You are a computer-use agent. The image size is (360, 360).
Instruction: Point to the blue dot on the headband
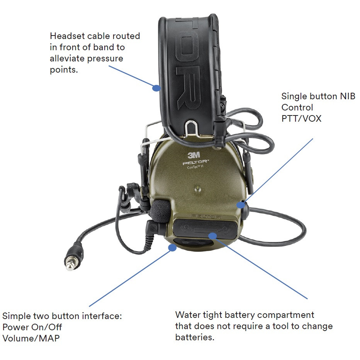(x=156, y=88)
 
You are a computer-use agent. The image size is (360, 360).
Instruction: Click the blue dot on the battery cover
(x=212, y=235)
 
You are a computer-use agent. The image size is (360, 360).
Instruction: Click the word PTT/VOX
(x=301, y=118)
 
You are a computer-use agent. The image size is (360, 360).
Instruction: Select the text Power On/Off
(x=32, y=327)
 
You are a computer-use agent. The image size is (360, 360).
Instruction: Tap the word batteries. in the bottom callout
(x=195, y=337)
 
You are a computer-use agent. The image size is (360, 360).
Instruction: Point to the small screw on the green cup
(x=198, y=189)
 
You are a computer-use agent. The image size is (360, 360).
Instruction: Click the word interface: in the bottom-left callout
(x=102, y=316)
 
